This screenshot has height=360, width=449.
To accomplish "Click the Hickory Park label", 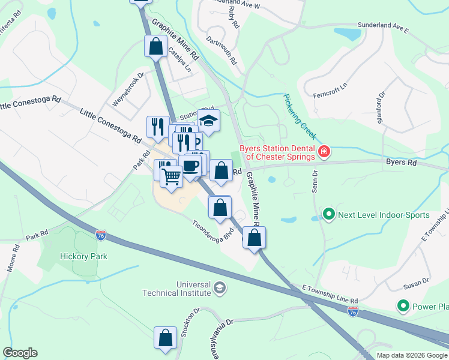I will (x=83, y=256).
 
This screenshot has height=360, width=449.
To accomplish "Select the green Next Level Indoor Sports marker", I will (x=328, y=214).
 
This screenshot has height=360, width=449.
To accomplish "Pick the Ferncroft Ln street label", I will (x=330, y=91).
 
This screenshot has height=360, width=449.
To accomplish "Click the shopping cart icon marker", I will (x=172, y=176).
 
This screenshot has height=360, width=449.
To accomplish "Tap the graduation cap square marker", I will (x=208, y=121).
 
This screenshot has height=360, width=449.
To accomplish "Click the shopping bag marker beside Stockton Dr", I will (x=165, y=338).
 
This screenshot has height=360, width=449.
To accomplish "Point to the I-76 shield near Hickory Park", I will (x=101, y=235).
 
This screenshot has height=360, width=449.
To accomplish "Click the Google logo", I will (x=20, y=353).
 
